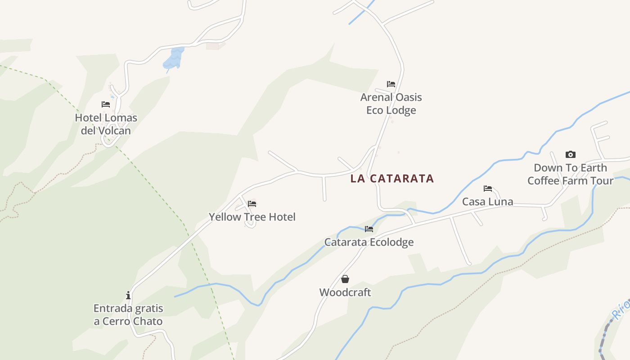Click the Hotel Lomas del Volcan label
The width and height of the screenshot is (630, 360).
point(106,124)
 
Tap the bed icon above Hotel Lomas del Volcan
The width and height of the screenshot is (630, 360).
point(106,104)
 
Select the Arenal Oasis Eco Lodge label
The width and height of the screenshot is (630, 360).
point(391,103)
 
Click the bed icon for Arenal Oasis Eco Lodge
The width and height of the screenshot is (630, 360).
point(391,84)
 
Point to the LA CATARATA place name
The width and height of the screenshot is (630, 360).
point(392,179)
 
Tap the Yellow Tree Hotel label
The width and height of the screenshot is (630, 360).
point(252,217)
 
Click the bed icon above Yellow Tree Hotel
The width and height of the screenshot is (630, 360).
point(252,204)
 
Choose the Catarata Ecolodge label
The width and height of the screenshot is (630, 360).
point(369,242)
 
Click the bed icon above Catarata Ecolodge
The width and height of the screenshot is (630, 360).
point(369,229)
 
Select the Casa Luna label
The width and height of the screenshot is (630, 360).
point(488,202)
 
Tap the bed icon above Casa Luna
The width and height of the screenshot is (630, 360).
point(488,189)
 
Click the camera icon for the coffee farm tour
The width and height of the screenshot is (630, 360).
point(571,155)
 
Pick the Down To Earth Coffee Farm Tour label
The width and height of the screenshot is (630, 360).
point(571,174)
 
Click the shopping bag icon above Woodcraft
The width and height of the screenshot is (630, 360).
point(345,279)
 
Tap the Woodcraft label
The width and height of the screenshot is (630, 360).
point(345,292)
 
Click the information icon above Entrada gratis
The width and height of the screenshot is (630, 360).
point(128,295)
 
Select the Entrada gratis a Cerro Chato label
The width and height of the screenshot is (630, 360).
point(128,315)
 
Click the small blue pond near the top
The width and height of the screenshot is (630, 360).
point(174,58)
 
